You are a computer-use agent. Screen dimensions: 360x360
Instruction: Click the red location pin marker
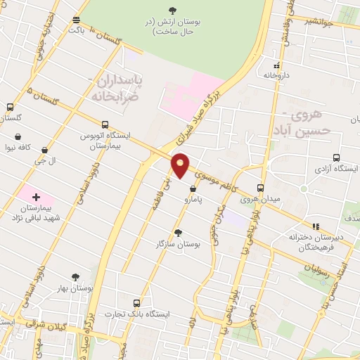[x=181, y=165]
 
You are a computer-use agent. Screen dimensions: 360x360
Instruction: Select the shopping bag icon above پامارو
[x=193, y=187]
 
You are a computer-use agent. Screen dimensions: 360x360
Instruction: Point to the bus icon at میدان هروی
[x=260, y=188]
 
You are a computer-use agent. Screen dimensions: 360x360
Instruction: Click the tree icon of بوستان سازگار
[x=178, y=232]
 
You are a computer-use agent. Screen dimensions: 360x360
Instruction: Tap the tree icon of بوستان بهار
[x=76, y=277]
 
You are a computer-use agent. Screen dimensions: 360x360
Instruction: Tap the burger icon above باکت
[x=76, y=19]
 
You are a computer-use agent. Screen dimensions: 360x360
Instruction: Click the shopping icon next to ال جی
[x=45, y=149]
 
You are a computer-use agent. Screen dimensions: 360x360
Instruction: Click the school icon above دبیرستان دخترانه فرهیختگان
[x=316, y=226]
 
